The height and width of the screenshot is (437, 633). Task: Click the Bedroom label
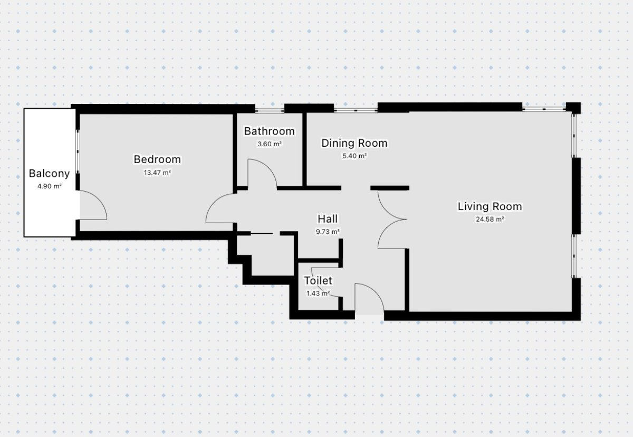(157, 159)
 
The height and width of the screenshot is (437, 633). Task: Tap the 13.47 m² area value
(157, 173)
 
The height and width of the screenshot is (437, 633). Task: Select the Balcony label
(49, 174)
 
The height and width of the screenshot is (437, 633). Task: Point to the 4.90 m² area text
(50, 186)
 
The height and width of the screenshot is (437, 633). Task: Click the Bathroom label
(270, 131)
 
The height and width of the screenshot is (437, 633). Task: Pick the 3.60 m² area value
(270, 144)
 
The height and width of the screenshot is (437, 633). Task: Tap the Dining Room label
(354, 143)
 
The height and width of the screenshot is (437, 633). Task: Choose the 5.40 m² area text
(354, 156)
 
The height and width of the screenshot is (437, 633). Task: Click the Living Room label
(490, 206)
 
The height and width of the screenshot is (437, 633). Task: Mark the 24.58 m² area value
(490, 219)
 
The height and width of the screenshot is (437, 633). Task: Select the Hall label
(328, 219)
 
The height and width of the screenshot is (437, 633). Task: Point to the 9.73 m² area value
(328, 232)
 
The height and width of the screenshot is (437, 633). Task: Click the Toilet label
(318, 280)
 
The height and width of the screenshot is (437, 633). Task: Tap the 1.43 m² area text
(318, 293)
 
